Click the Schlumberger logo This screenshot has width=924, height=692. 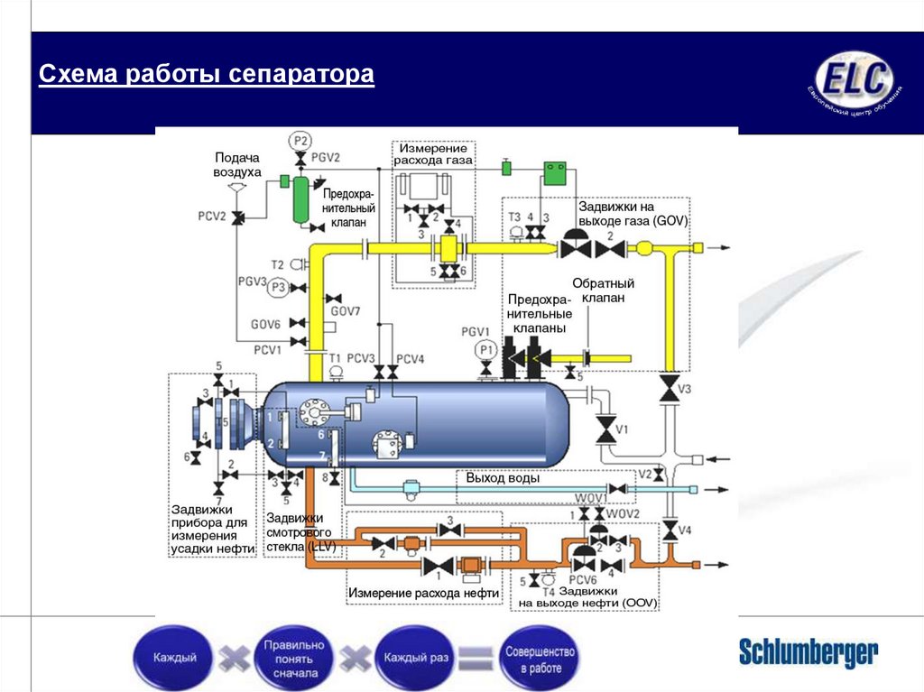[808, 651]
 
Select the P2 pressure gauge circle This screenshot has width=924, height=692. [300, 141]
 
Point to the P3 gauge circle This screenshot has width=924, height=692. [279, 288]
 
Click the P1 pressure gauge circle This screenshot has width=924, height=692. [486, 349]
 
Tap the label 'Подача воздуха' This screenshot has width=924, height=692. [237, 164]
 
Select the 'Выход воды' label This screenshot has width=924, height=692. [503, 478]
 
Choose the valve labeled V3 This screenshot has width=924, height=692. [669, 389]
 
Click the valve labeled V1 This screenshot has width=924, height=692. [605, 429]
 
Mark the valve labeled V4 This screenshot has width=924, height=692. [670, 531]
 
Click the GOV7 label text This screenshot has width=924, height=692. [345, 311]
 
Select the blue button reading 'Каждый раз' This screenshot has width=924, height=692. [416, 657]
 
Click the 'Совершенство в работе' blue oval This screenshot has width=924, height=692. [541, 659]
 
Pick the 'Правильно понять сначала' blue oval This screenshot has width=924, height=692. [293, 659]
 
